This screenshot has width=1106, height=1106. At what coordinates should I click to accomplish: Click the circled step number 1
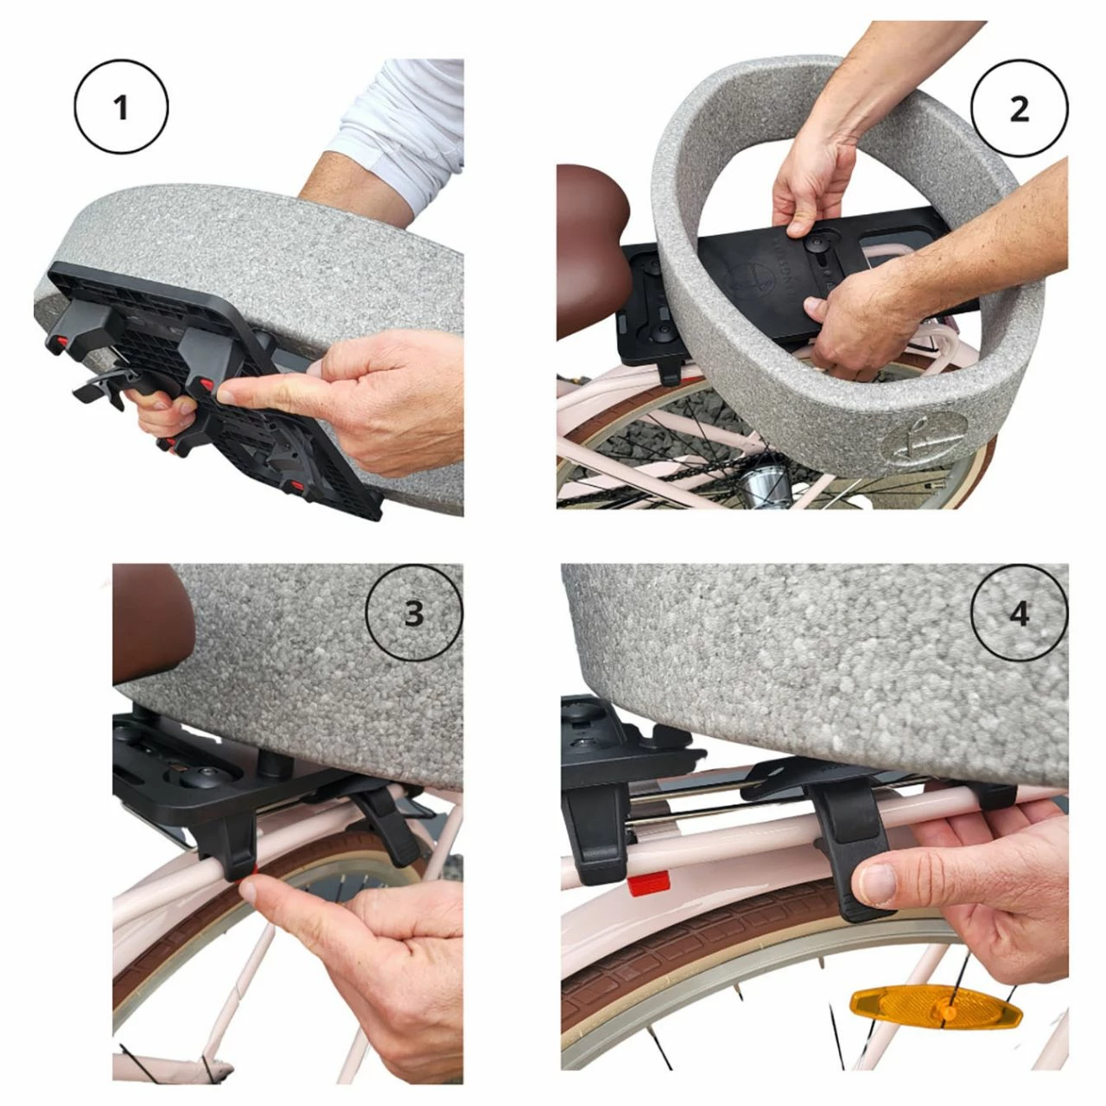tap(121, 107)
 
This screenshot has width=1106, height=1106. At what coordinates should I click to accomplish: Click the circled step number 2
tap(1019, 108)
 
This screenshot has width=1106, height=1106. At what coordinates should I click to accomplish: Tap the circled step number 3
tap(414, 613)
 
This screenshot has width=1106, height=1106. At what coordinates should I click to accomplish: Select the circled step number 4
tap(1019, 613)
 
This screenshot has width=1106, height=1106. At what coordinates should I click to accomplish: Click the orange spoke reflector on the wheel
tap(936, 1008)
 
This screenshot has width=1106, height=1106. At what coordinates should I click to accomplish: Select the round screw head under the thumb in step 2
tap(815, 244)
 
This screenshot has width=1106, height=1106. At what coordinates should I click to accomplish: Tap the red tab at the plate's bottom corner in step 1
tap(296, 487)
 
